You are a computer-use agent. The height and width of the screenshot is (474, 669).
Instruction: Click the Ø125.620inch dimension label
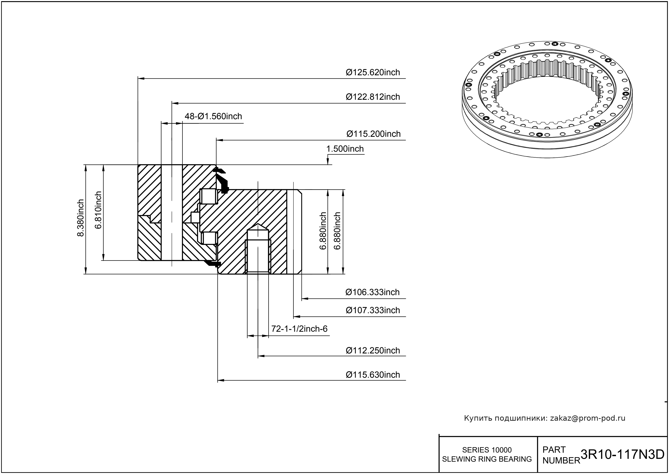click(373, 72)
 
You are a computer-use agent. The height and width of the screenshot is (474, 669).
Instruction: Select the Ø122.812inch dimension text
click(373, 97)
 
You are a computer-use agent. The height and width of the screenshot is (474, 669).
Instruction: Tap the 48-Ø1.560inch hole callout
click(213, 116)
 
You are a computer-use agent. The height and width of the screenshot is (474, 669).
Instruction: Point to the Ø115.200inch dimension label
click(373, 134)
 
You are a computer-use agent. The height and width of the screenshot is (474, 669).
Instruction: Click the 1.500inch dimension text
click(345, 149)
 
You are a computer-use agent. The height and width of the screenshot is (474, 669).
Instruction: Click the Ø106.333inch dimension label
click(372, 292)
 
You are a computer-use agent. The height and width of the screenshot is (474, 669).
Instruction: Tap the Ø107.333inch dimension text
click(373, 310)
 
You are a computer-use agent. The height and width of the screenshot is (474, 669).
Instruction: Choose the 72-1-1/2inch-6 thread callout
click(299, 329)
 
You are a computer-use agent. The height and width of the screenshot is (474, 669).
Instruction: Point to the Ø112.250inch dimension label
click(373, 350)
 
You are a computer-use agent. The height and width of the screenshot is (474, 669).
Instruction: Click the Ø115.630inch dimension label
click(373, 375)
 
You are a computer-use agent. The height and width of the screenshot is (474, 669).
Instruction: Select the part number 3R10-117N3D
click(622, 455)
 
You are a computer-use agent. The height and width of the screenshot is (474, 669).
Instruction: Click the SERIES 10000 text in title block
click(487, 450)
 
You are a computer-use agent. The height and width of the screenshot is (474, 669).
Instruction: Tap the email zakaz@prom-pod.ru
click(587, 418)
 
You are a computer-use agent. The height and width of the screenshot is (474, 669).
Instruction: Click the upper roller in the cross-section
click(209, 197)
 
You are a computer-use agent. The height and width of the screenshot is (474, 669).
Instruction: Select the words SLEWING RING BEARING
click(487, 459)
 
